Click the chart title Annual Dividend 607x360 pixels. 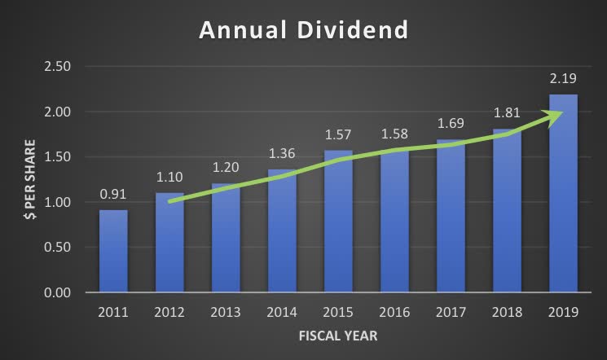click(303, 31)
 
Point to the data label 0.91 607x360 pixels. click(113, 195)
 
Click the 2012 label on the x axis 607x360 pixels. click(169, 311)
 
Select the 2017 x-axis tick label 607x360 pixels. click(451, 311)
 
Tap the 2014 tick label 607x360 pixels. click(282, 311)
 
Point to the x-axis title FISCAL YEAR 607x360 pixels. click(338, 336)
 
